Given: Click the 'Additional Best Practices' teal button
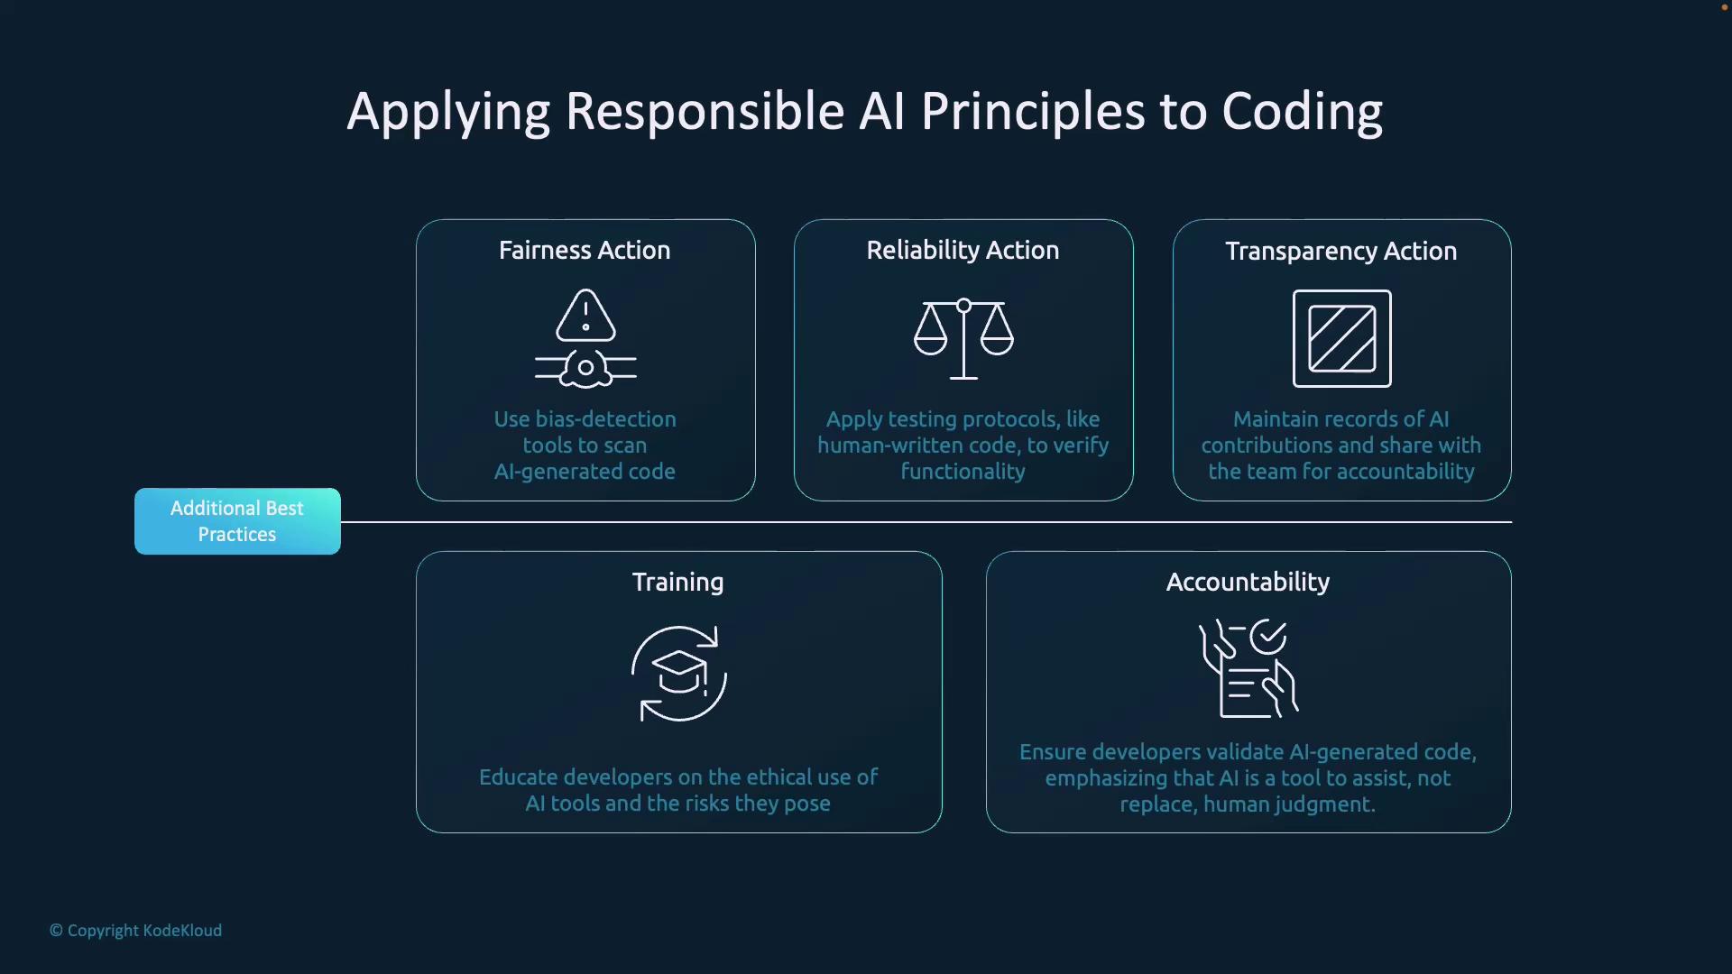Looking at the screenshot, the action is pos(237,521).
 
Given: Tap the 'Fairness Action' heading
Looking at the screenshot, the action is pos(585,250).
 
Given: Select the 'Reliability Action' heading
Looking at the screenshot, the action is pos(963,250).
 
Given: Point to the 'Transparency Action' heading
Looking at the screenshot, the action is pos(1340,251).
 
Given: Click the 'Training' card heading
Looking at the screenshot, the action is pos(677,583).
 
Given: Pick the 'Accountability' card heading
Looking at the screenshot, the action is pos(1248,583).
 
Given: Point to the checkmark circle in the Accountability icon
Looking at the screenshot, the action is pos(1268,637).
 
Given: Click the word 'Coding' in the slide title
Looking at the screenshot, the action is pos(1302,113).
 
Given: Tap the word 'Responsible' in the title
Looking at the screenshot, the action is pos(705,113).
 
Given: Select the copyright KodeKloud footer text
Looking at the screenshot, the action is pos(135,931).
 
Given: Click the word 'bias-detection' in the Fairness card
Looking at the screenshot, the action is pos(605,419).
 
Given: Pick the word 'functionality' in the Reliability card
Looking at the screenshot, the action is pos(963,472).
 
